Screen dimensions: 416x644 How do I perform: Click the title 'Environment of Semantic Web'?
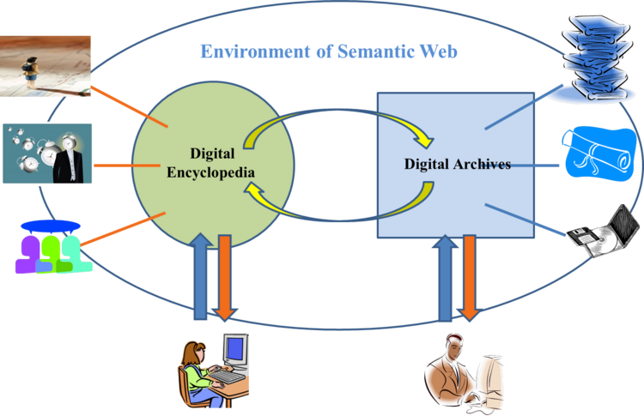point(329,51)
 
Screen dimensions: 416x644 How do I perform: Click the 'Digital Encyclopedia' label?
point(210,166)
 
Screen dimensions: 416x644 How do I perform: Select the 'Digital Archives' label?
point(457,164)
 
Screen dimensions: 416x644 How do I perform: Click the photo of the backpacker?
point(46,65)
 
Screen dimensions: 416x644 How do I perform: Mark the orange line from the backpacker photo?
point(129,104)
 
